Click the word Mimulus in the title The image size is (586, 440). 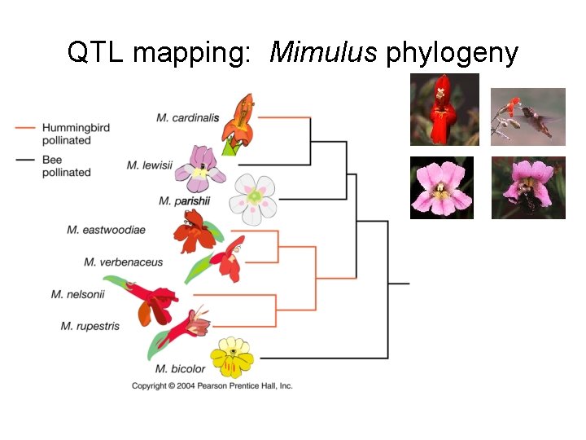pos(323,52)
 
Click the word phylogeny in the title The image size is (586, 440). pos(452,54)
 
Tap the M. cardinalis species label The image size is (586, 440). pos(187,117)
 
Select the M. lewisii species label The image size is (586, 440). pos(150,165)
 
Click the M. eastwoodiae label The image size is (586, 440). pos(106,230)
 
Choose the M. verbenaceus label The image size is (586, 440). pos(123,262)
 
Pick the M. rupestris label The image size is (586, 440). pos(90,326)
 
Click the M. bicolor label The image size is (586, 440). pos(180,369)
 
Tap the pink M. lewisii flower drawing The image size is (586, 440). pos(199,167)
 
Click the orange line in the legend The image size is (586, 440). pos(25,128)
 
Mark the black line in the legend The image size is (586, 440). pos(25,161)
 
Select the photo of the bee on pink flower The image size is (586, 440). pos(528,187)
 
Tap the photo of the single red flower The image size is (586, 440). pos(444,109)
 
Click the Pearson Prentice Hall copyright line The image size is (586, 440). pos(212,386)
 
